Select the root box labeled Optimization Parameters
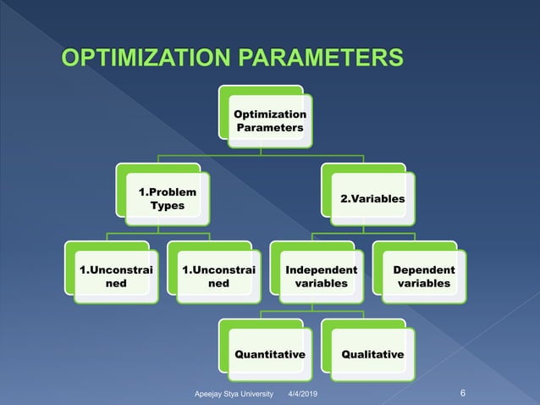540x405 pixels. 270,120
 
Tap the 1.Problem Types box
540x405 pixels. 167,198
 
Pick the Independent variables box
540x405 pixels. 321,276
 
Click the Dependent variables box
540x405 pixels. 423,276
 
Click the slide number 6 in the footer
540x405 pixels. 463,392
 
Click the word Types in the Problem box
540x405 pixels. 167,206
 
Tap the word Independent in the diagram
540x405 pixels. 321,269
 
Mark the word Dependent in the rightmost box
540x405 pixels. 423,269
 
